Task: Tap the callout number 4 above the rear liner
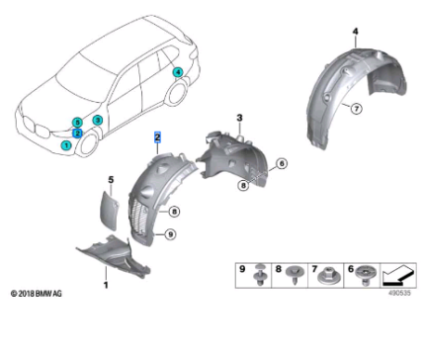point(354,32)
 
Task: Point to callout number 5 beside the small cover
point(111,179)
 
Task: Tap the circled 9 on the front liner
point(170,234)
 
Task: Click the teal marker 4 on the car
point(177,71)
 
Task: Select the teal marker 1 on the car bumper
point(66,144)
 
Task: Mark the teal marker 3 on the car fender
point(97,120)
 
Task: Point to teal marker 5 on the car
point(77,121)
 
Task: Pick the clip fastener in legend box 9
point(258,273)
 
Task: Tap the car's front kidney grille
point(38,133)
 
